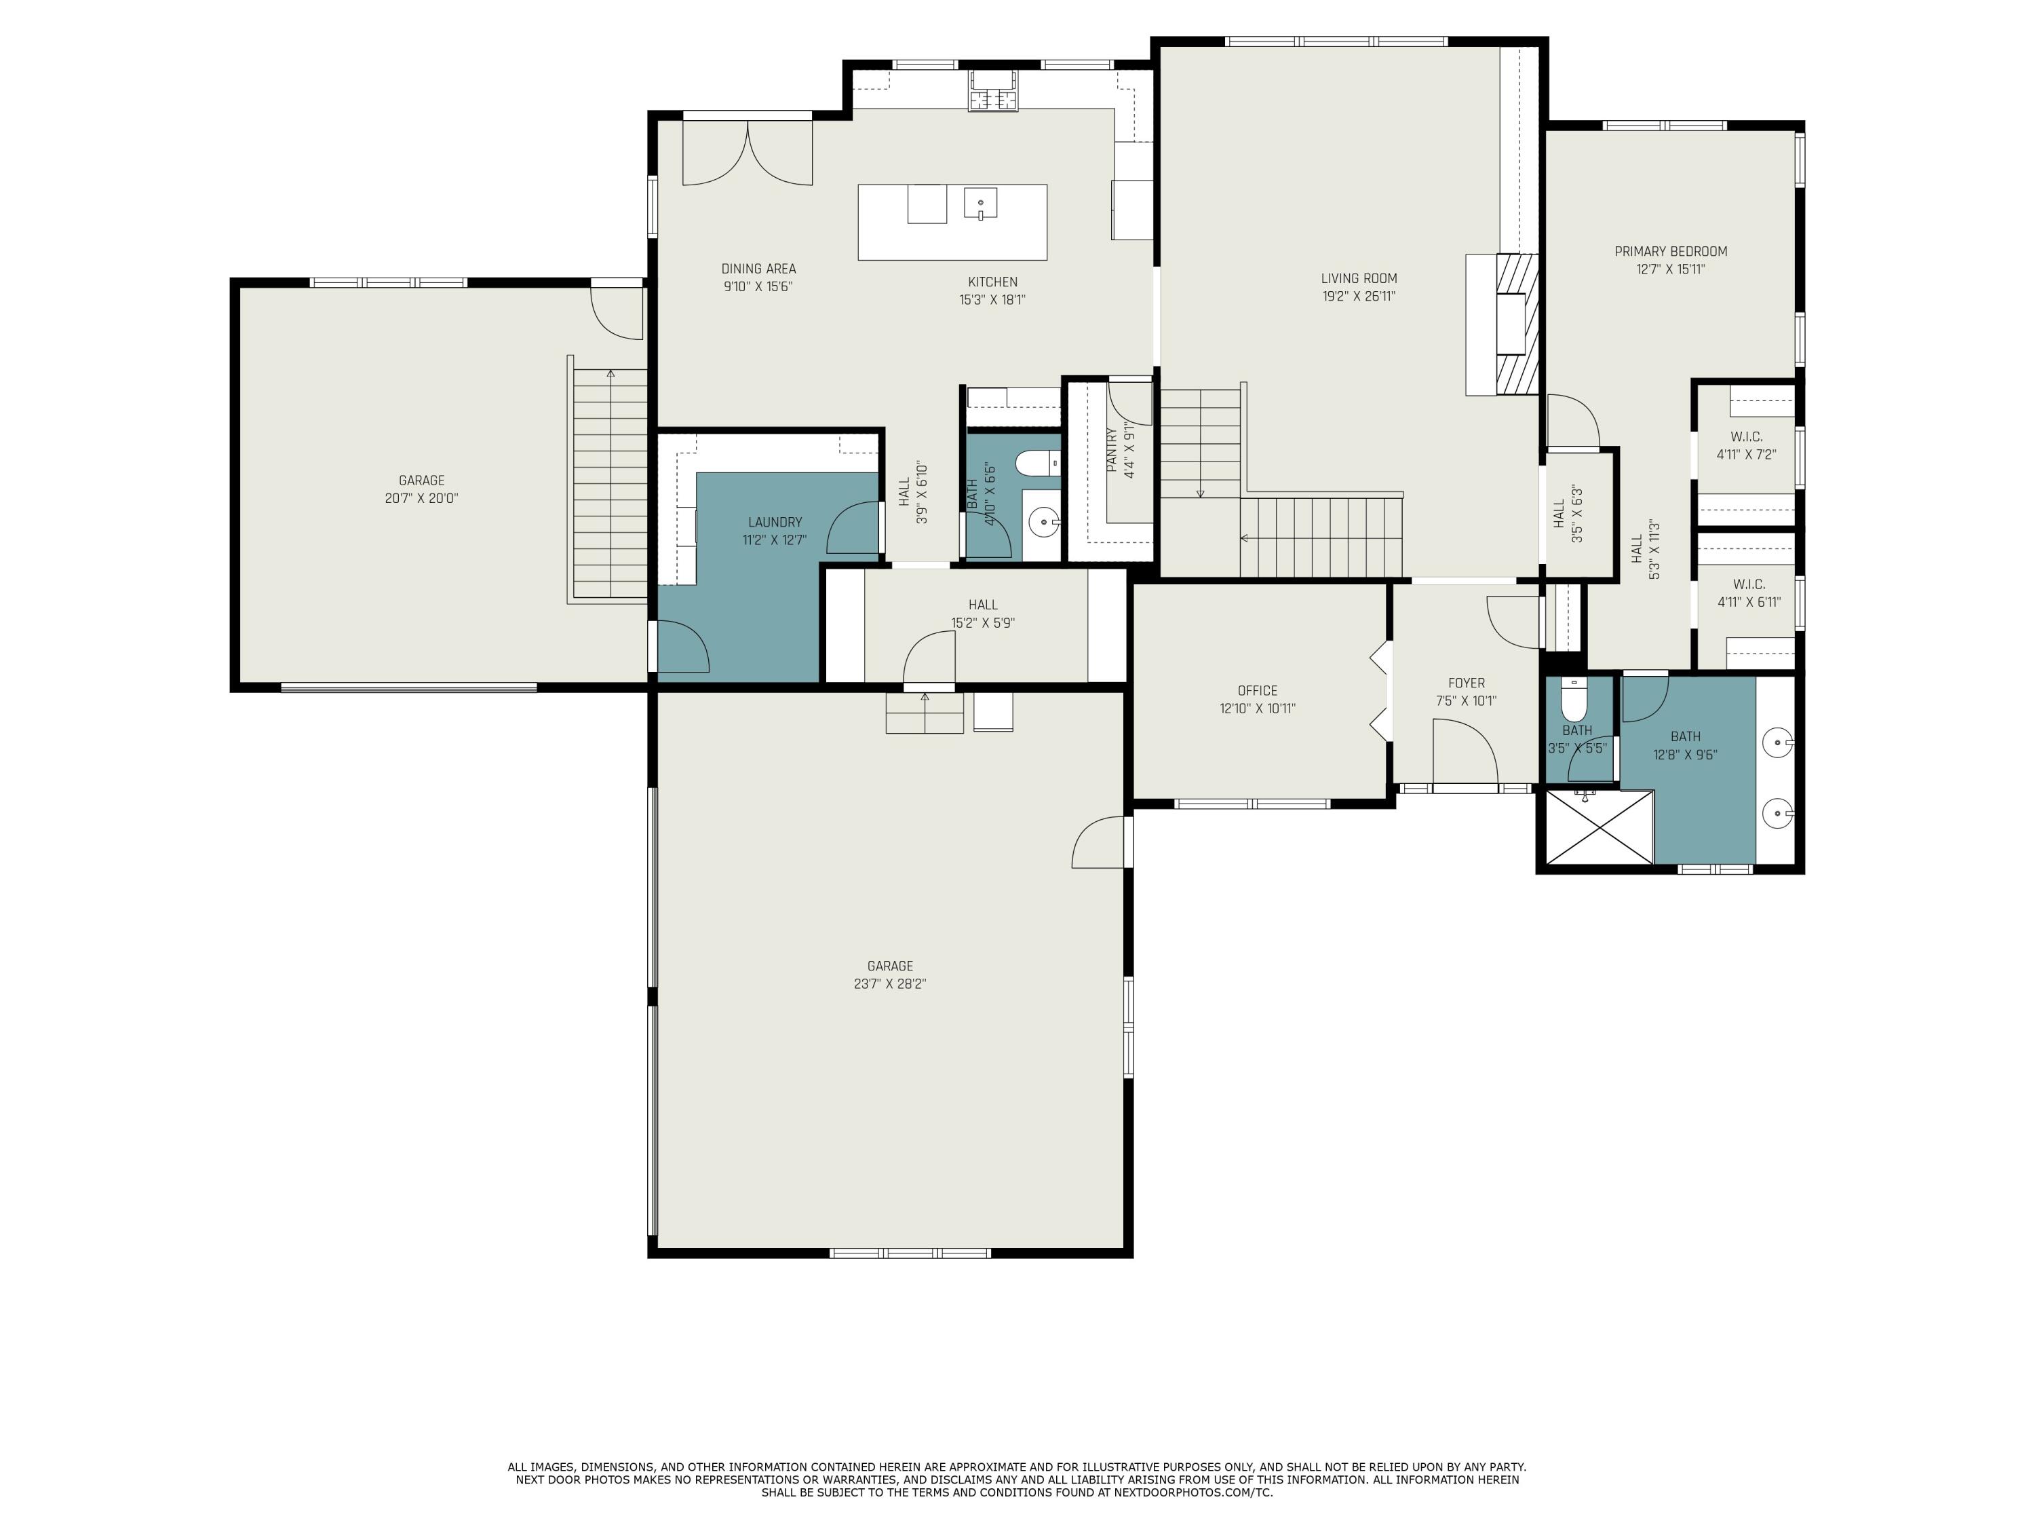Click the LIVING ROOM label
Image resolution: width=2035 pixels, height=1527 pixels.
pyautogui.click(x=1359, y=278)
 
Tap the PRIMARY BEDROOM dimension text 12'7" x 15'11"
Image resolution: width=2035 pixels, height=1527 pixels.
pyautogui.click(x=1671, y=269)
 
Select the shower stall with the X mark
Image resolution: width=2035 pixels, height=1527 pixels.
pyautogui.click(x=1600, y=827)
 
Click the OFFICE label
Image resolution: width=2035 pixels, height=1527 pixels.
pyautogui.click(x=1257, y=690)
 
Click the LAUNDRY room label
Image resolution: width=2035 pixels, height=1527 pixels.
pyautogui.click(x=775, y=522)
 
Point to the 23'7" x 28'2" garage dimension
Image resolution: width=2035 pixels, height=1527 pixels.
pyautogui.click(x=889, y=984)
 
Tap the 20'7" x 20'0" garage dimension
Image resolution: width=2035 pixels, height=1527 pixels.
pyautogui.click(x=421, y=498)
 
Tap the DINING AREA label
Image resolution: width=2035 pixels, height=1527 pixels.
pyautogui.click(x=758, y=269)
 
